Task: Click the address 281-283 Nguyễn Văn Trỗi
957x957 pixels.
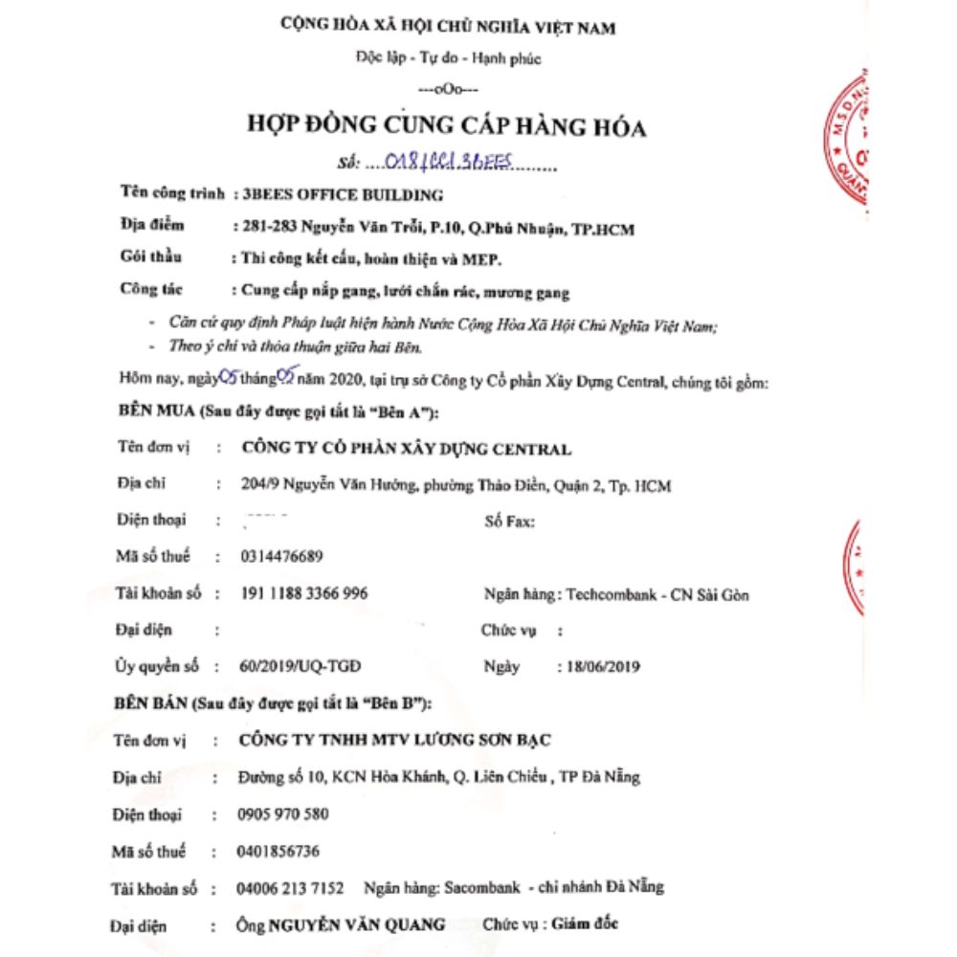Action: (x=335, y=229)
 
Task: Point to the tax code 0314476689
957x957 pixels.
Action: (x=279, y=557)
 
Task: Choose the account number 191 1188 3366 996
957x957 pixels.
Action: (x=302, y=593)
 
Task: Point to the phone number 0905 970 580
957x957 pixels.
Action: (x=282, y=814)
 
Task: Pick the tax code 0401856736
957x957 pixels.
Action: (x=278, y=851)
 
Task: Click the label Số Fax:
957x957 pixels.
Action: (x=505, y=522)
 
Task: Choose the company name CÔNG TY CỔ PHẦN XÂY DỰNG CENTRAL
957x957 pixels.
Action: (x=408, y=448)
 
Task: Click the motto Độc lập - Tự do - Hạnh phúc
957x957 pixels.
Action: (x=448, y=59)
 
